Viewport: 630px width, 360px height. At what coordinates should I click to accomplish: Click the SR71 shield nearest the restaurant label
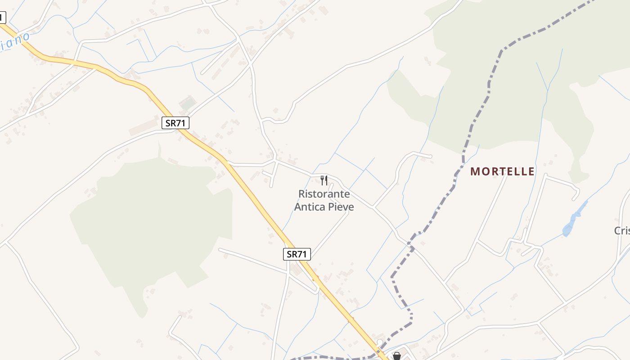pyautogui.click(x=297, y=254)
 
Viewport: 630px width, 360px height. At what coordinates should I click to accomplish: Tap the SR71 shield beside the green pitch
pyautogui.click(x=175, y=123)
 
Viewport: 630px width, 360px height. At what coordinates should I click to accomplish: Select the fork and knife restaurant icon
pyautogui.click(x=324, y=180)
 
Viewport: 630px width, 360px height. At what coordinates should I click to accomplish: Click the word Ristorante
pyautogui.click(x=324, y=194)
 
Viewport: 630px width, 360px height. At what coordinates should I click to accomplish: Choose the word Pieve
pyautogui.click(x=341, y=207)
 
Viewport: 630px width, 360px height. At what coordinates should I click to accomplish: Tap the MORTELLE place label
pyautogui.click(x=503, y=171)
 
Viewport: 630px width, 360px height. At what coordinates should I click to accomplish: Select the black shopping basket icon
pyautogui.click(x=397, y=356)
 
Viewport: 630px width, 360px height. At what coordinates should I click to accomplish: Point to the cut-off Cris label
pyautogui.click(x=622, y=231)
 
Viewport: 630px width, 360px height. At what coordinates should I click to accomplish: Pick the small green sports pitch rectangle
pyautogui.click(x=188, y=103)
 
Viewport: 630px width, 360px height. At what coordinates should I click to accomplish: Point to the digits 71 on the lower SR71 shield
pyautogui.click(x=302, y=254)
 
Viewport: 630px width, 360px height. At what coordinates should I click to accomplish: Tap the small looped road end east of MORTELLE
pyautogui.click(x=575, y=194)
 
